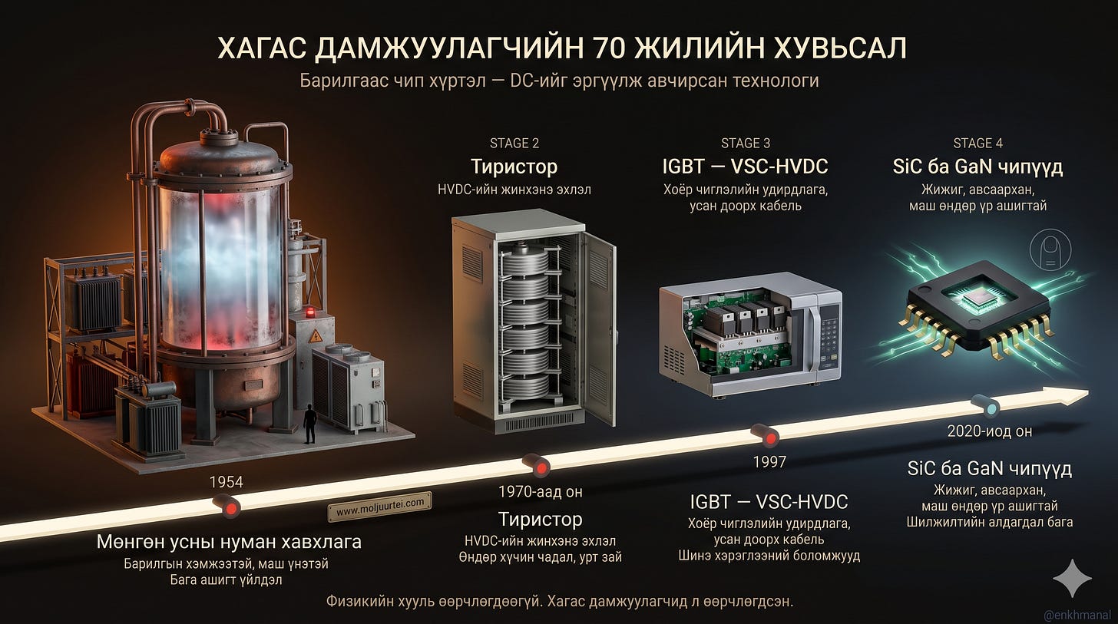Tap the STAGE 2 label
click(x=514, y=144)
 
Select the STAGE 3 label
click(x=746, y=144)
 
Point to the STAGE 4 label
click(x=977, y=144)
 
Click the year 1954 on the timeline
click(x=226, y=482)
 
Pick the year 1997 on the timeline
click(x=769, y=462)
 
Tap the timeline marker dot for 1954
click(x=230, y=508)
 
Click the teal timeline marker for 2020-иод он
click(x=991, y=408)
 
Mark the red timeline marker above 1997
click(x=771, y=438)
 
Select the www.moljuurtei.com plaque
click(x=379, y=507)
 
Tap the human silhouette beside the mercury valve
click(x=310, y=424)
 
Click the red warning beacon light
click(x=310, y=312)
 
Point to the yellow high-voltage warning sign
click(x=315, y=337)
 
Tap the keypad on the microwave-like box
click(x=829, y=335)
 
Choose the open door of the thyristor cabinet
click(x=598, y=329)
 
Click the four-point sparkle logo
click(x=1072, y=579)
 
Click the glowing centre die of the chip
click(x=977, y=299)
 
